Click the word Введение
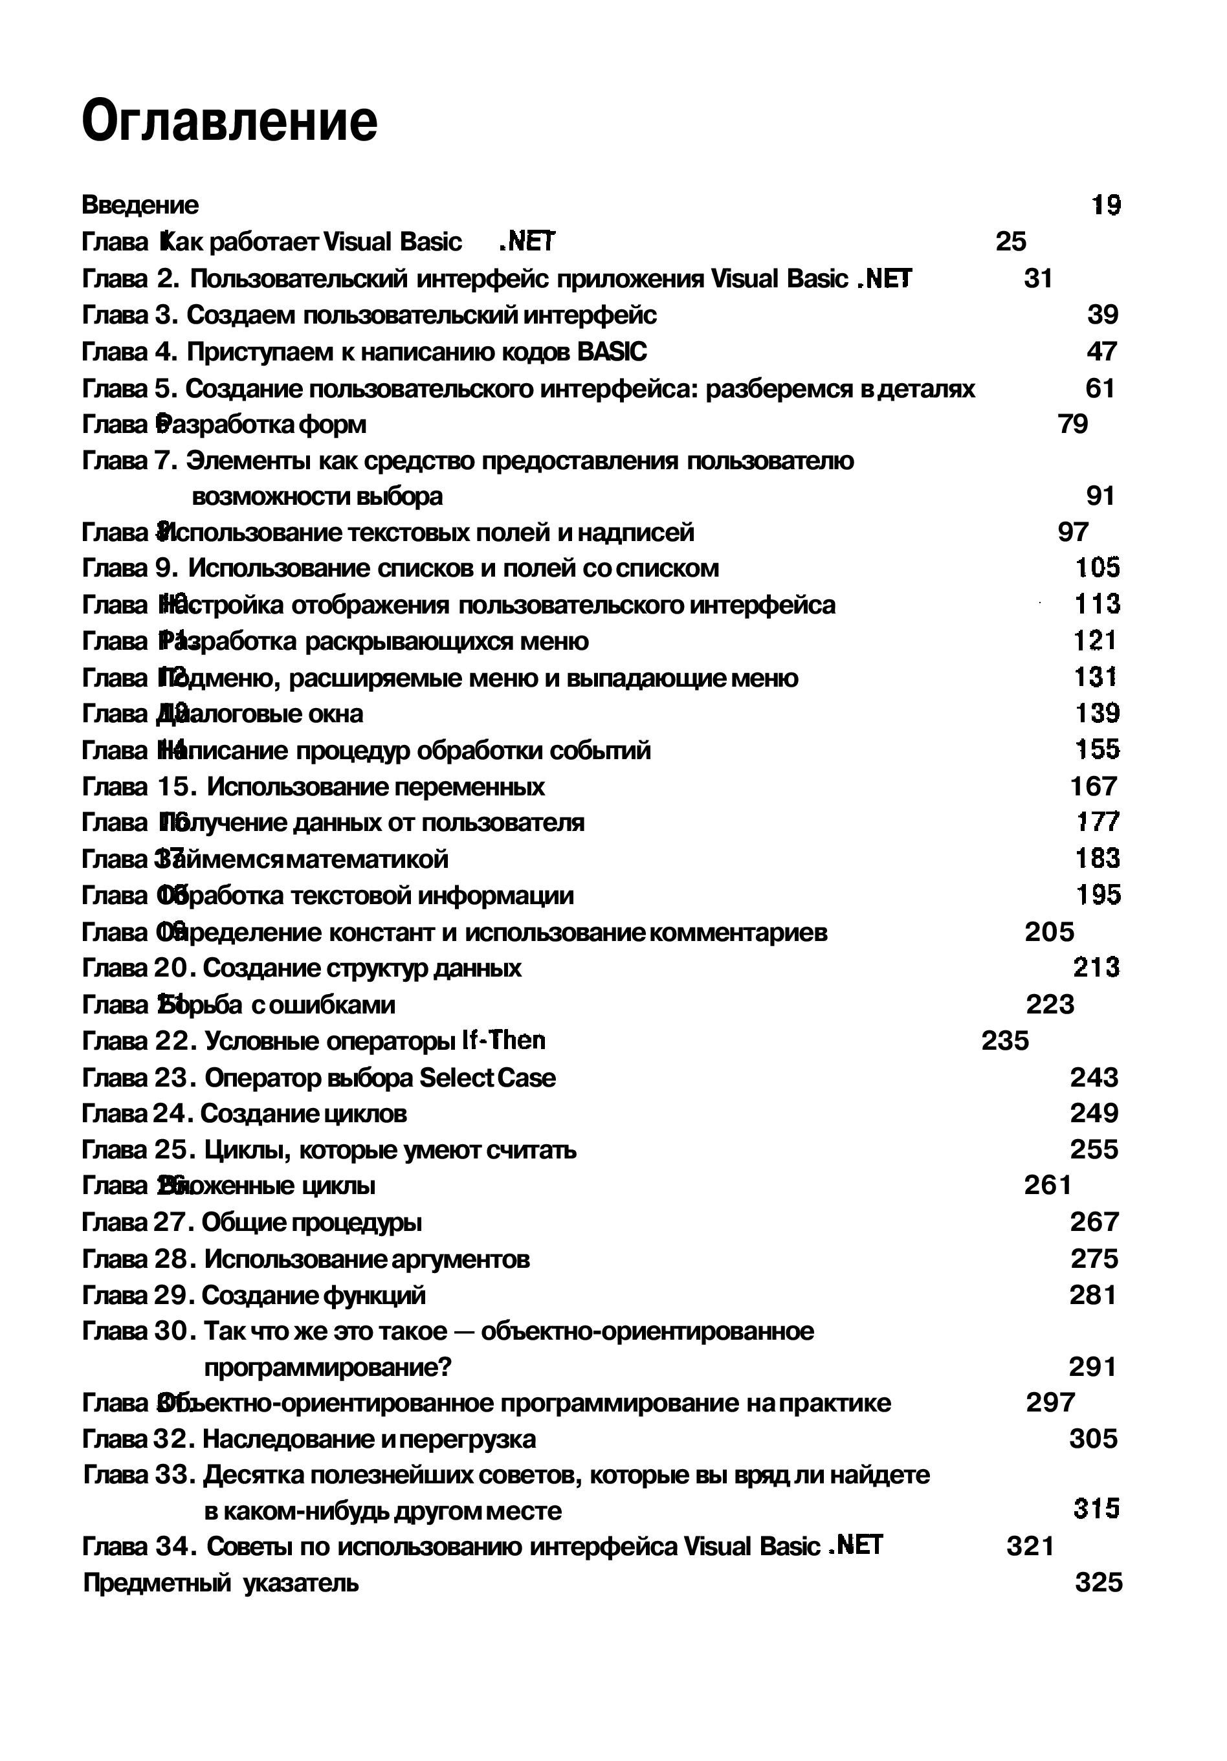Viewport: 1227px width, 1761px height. [140, 206]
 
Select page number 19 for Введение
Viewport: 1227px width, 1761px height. [1105, 206]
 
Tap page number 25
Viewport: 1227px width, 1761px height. [1010, 242]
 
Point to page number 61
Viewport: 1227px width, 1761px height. [1100, 389]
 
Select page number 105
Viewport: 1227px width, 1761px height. [1097, 568]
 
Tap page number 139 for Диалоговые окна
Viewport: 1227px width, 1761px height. [1097, 714]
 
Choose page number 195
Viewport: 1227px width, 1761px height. [1098, 895]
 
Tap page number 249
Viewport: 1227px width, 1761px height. [1094, 1114]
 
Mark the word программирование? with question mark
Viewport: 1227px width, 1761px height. [328, 1368]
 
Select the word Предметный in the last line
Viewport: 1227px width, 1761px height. [157, 1583]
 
